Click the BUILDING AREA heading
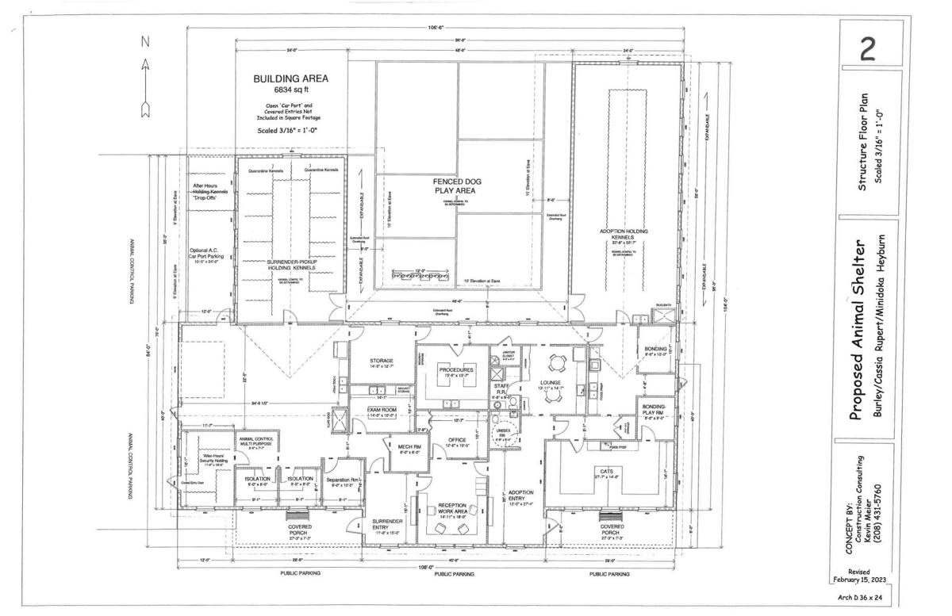(290, 79)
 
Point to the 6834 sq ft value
(290, 91)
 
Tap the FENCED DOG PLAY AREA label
(456, 186)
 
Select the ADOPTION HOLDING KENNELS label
(624, 235)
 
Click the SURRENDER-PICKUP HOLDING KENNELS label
(290, 265)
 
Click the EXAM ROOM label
(381, 410)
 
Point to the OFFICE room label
(455, 441)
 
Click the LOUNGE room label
(551, 383)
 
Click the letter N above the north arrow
(144, 40)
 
